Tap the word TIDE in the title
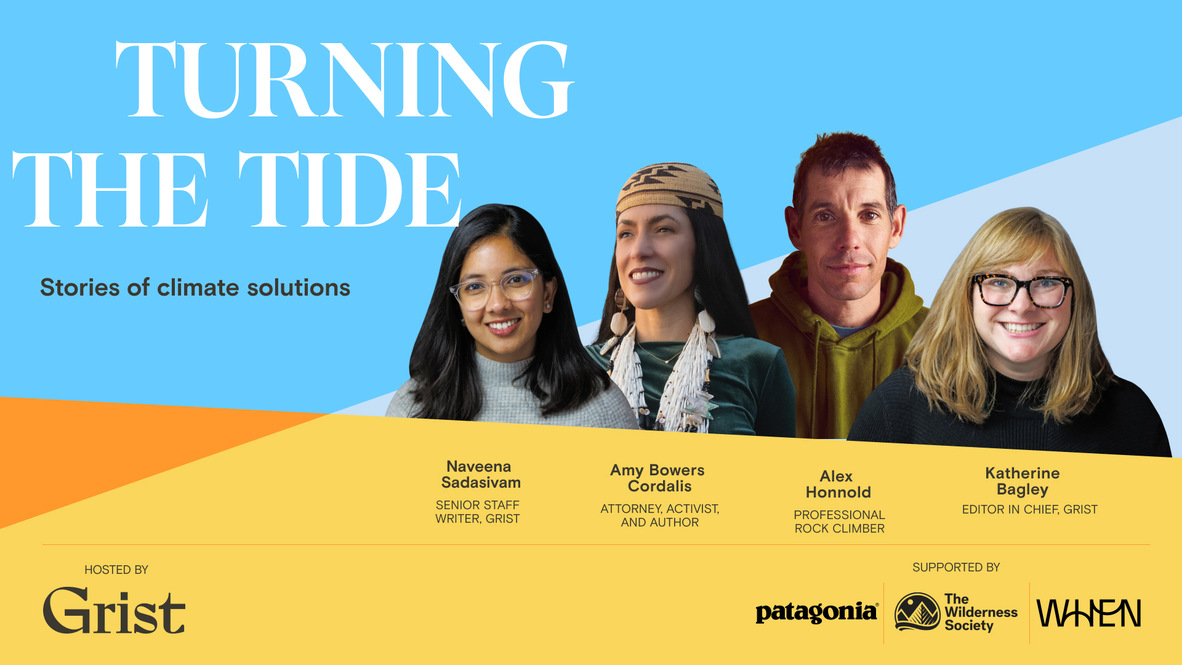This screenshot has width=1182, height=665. click(350, 189)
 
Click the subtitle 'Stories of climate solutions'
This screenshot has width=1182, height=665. click(195, 288)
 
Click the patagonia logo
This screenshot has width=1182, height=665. click(817, 613)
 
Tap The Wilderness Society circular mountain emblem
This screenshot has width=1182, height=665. click(917, 611)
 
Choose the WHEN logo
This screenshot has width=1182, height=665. click(1089, 613)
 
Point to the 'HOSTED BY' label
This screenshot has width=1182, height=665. click(116, 570)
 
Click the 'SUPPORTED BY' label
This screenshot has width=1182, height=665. click(956, 567)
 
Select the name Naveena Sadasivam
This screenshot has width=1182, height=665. click(480, 475)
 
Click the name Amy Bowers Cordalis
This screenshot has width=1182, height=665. click(658, 478)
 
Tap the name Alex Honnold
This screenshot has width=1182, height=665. click(838, 485)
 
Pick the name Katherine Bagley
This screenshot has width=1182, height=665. click(1023, 482)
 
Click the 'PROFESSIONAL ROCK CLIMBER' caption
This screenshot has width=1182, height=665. click(839, 522)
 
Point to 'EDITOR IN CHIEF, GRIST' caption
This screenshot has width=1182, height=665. click(1030, 509)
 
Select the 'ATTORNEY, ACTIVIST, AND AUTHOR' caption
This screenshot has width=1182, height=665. click(660, 515)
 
